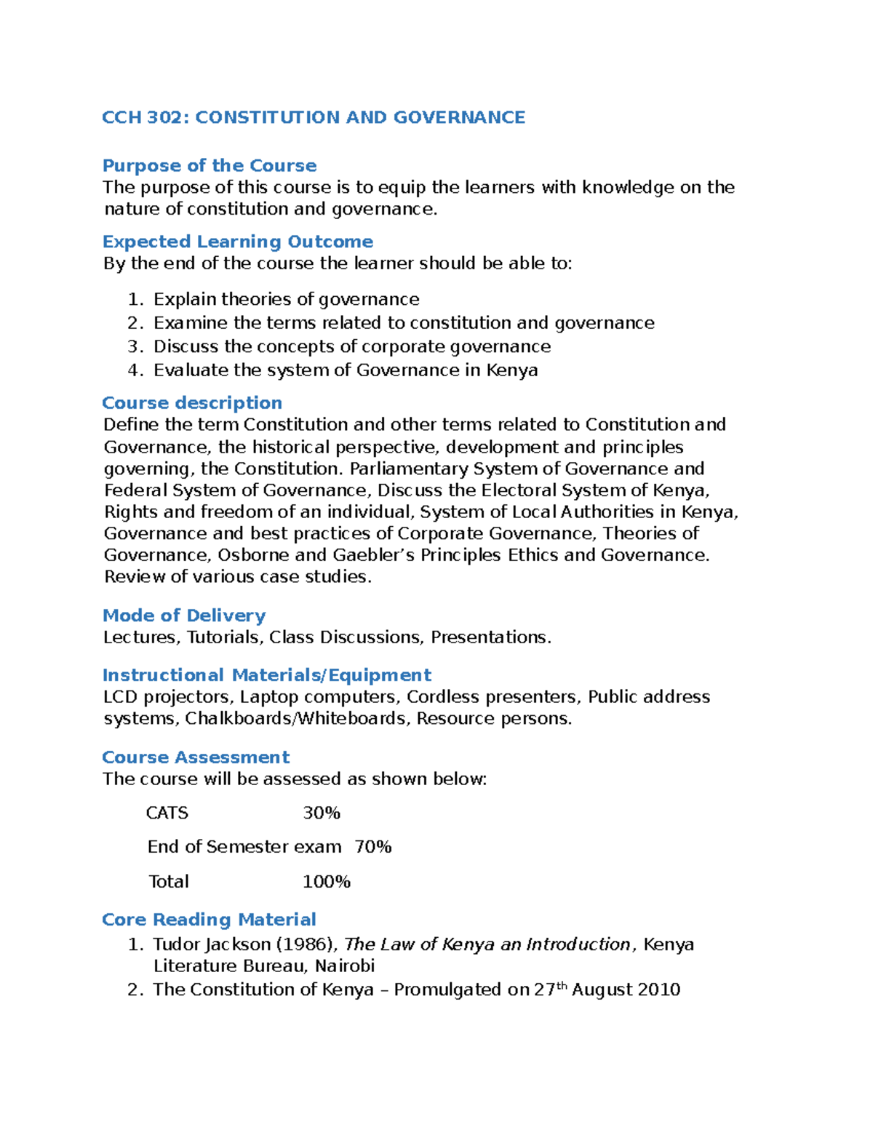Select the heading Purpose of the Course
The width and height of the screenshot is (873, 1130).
[x=210, y=165]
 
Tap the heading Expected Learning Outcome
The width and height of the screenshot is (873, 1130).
[x=237, y=242]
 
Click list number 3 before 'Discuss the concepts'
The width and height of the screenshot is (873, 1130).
[x=133, y=346]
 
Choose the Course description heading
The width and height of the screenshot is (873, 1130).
[x=192, y=403]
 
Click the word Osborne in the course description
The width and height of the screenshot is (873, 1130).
[x=254, y=555]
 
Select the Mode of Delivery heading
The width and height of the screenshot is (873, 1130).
[x=184, y=616]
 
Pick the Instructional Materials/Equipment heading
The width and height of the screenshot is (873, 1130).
[x=267, y=675]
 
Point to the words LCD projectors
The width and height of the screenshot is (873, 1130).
[x=168, y=697]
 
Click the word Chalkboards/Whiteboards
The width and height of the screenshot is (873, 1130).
[x=295, y=719]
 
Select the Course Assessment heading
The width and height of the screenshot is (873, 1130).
[x=196, y=757]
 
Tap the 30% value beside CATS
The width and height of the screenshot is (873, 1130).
[x=322, y=813]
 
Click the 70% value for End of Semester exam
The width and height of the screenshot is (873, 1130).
[x=373, y=847]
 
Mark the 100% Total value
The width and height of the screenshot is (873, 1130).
[x=327, y=882]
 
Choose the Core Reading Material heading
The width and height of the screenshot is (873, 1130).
[x=209, y=920]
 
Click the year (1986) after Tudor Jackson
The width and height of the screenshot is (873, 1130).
[x=295, y=944]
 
